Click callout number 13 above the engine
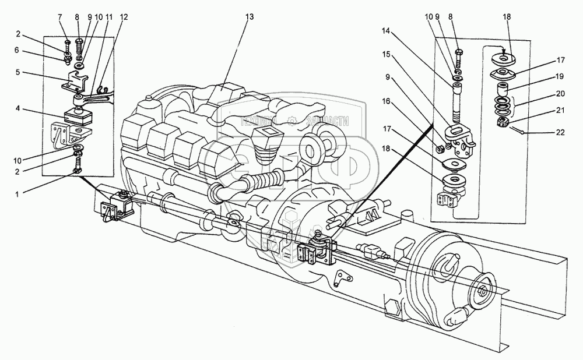tap(250, 17)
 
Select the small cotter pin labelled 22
tap(520, 131)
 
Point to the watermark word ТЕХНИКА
tap(258, 121)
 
